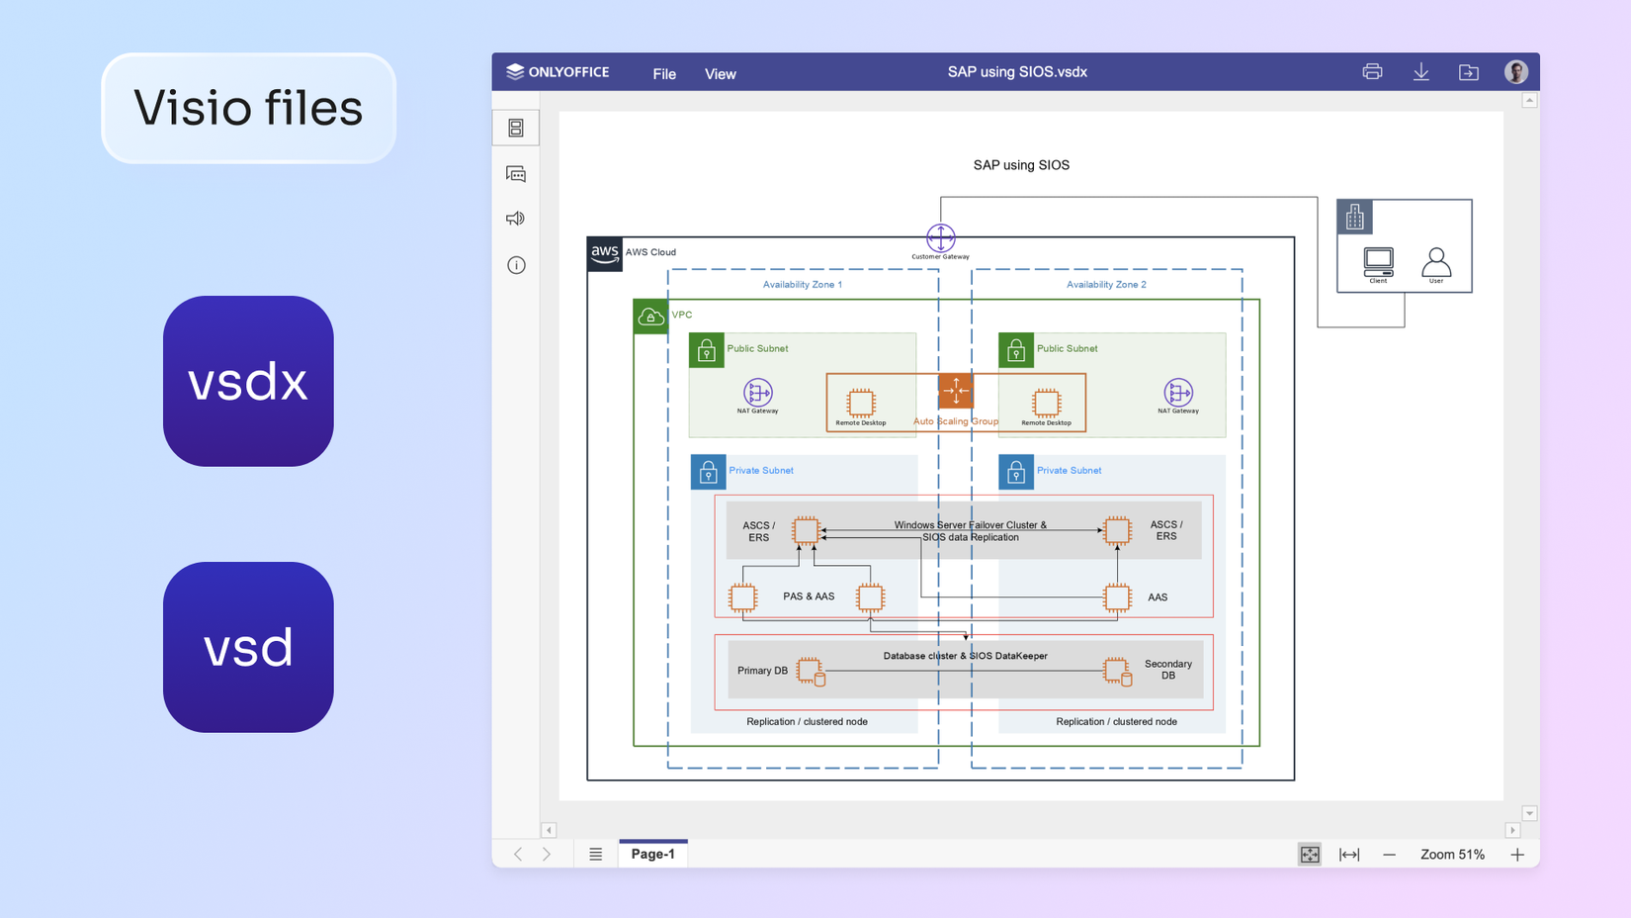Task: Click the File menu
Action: pos(664,74)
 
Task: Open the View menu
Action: pos(720,74)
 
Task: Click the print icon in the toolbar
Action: pos(1372,72)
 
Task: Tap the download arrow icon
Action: pos(1420,72)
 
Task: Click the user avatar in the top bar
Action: pos(1515,72)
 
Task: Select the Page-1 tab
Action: pos(652,854)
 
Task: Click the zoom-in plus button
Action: pos(1517,855)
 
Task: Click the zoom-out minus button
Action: pos(1389,855)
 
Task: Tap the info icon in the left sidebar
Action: pos(516,265)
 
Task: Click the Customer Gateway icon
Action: pos(940,237)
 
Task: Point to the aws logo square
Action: pos(604,253)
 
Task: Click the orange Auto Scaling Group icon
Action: pos(955,391)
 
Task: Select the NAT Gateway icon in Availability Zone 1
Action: pos(757,393)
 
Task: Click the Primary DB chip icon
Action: pos(810,671)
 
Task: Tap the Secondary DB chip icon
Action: pos(1117,671)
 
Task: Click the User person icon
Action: pos(1435,262)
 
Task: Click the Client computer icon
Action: pos(1378,262)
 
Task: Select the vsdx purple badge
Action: pos(248,381)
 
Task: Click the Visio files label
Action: pos(248,108)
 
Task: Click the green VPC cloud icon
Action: pos(650,317)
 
